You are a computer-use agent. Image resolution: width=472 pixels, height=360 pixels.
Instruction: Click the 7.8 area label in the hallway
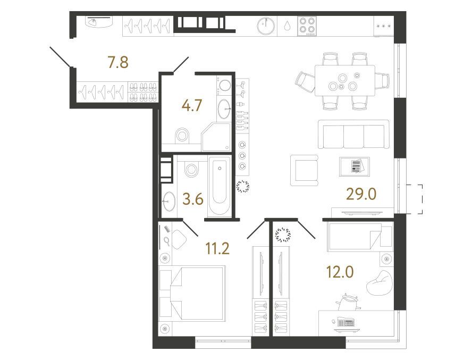pyautogui.click(x=118, y=62)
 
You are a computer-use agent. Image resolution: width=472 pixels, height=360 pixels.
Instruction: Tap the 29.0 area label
pyautogui.click(x=361, y=194)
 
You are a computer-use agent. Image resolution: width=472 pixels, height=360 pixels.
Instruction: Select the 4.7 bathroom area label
pyautogui.click(x=192, y=105)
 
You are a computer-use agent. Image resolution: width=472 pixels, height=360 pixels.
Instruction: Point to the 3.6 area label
pyautogui.click(x=193, y=199)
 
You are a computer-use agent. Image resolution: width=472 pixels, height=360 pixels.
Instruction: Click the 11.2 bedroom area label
pyautogui.click(x=217, y=248)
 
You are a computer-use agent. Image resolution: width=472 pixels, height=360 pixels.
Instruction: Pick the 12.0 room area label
pyautogui.click(x=340, y=272)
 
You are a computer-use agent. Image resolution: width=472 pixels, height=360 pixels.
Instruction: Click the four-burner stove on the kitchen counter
pyautogui.click(x=307, y=26)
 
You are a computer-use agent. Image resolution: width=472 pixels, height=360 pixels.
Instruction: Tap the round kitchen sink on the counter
pyautogui.click(x=266, y=26)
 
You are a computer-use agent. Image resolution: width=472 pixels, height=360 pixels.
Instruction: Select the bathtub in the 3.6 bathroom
pyautogui.click(x=220, y=186)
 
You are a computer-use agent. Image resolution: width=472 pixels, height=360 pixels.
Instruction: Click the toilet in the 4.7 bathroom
pyautogui.click(x=182, y=135)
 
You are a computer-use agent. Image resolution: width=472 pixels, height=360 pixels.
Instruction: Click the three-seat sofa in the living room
pyautogui.click(x=353, y=135)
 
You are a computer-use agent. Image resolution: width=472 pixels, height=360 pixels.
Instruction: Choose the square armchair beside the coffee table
pyautogui.click(x=305, y=170)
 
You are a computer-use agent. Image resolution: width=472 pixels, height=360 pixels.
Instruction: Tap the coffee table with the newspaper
pyautogui.click(x=355, y=166)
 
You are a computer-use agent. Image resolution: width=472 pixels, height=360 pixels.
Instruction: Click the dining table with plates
pyautogui.click(x=345, y=80)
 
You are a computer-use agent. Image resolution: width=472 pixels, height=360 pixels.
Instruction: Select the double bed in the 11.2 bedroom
pyautogui.click(x=192, y=292)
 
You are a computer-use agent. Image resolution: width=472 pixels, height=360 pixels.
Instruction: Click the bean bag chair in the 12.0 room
pyautogui.click(x=380, y=282)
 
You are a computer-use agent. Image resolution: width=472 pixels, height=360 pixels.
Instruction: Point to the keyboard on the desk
pyautogui.click(x=346, y=322)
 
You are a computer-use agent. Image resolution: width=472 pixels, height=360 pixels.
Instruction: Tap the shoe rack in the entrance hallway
pyautogui.click(x=143, y=92)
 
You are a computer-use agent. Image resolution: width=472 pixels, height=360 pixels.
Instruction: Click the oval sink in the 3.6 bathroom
pyautogui.click(x=168, y=200)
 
